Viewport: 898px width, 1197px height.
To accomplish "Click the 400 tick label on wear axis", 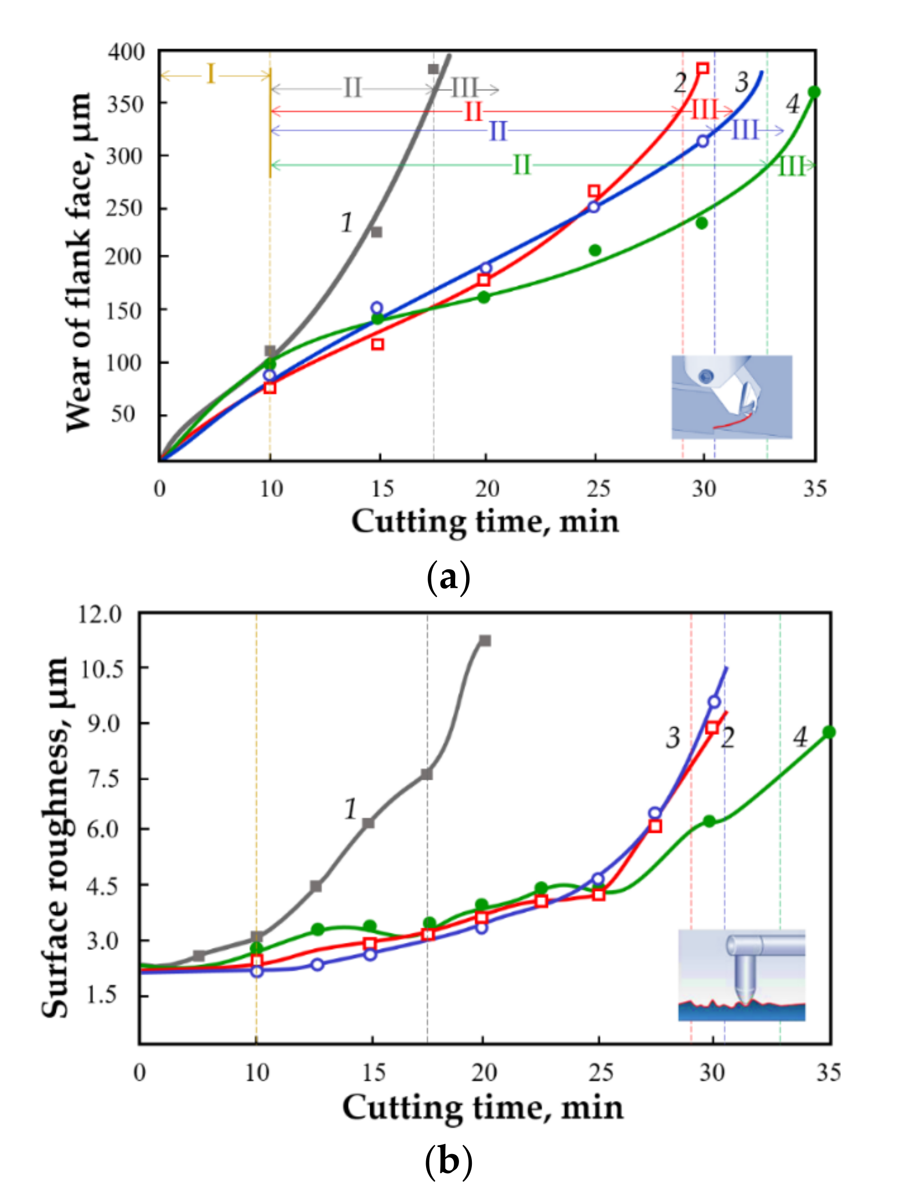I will click(x=126, y=52).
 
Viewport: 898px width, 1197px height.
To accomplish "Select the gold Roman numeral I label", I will click(x=211, y=74).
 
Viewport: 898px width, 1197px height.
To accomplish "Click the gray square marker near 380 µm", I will click(x=433, y=69).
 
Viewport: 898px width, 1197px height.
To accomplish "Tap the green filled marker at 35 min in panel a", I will click(x=814, y=92).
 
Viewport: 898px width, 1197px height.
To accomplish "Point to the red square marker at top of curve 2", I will click(x=703, y=69).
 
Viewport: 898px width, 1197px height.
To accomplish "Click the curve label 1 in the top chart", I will click(x=347, y=222).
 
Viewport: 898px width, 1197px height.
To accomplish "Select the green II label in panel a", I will click(x=521, y=165).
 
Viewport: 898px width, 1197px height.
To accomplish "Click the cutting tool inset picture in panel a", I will click(x=731, y=397).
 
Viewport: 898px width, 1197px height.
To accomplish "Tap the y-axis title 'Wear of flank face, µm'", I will click(x=79, y=262).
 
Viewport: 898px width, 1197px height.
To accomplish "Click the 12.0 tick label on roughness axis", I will click(x=100, y=614).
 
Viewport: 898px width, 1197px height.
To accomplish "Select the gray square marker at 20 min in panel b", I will click(x=485, y=641).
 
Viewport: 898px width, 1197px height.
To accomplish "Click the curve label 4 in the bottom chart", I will click(x=800, y=737).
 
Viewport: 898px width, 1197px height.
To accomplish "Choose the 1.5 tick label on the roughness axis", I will click(x=102, y=995).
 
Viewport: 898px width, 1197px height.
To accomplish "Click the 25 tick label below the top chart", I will click(x=598, y=489).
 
